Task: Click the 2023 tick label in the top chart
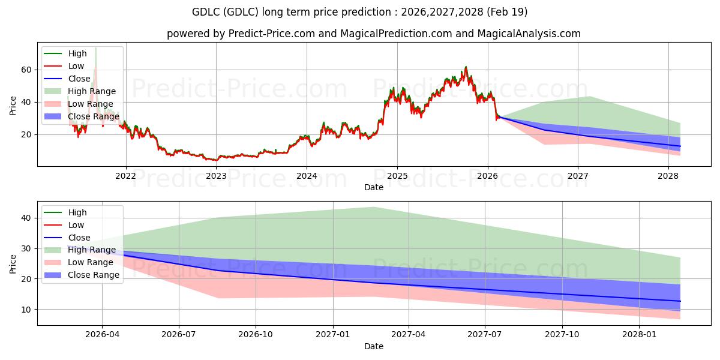pos(216,176)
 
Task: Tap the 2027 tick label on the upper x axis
pos(578,176)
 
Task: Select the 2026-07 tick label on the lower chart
pos(179,335)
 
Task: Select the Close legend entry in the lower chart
pos(79,238)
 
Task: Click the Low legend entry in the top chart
pos(76,66)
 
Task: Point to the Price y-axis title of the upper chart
pos(13,106)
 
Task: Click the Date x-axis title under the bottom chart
pos(374,346)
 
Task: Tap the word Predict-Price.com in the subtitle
pos(272,34)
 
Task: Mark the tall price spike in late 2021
pos(95,49)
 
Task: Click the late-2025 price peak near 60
pos(466,67)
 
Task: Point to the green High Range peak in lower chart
pos(373,208)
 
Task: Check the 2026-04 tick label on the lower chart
pos(102,335)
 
